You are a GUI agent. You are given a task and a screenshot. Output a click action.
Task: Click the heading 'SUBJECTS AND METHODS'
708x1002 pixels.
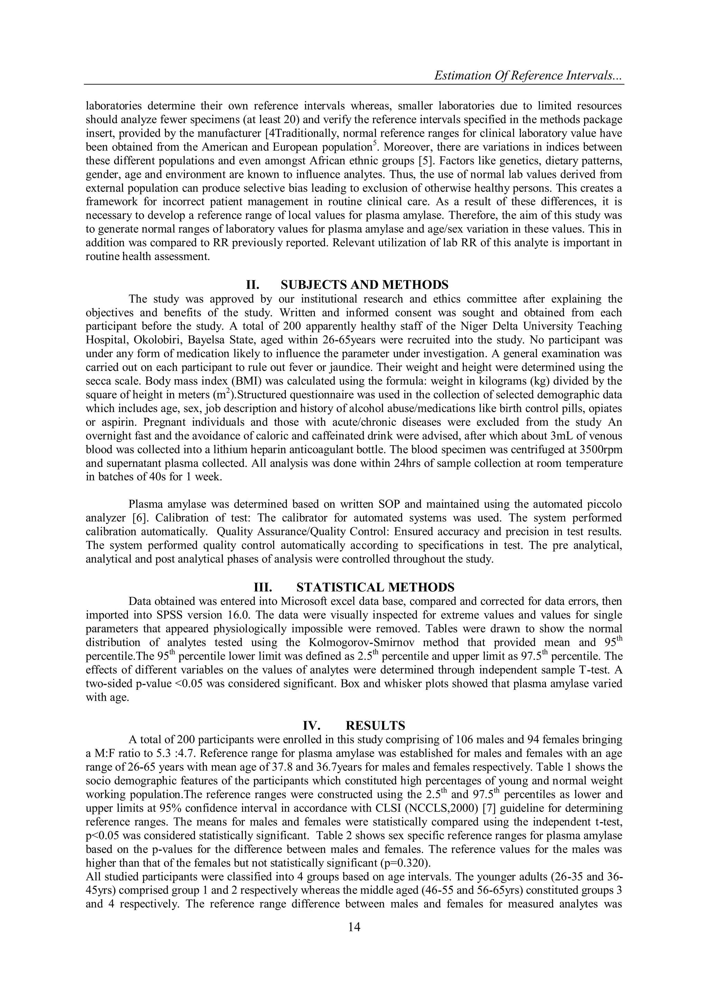364,285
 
